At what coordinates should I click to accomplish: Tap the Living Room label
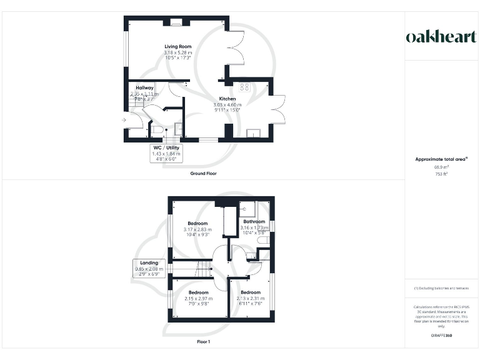pos(177,47)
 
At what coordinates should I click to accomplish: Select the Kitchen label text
pos(227,99)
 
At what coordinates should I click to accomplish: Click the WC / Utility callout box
pos(166,153)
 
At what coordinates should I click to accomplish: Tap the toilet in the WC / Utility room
pos(157,130)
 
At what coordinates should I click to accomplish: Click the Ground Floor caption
pos(204,173)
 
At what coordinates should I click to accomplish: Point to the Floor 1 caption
pos(203,342)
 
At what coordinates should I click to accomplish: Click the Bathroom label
pos(254,222)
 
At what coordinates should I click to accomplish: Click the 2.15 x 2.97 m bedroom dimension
pos(198,298)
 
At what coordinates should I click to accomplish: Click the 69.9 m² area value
pos(441,167)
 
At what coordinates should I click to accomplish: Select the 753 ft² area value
pos(441,174)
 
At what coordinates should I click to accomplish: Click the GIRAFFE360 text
pos(441,336)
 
